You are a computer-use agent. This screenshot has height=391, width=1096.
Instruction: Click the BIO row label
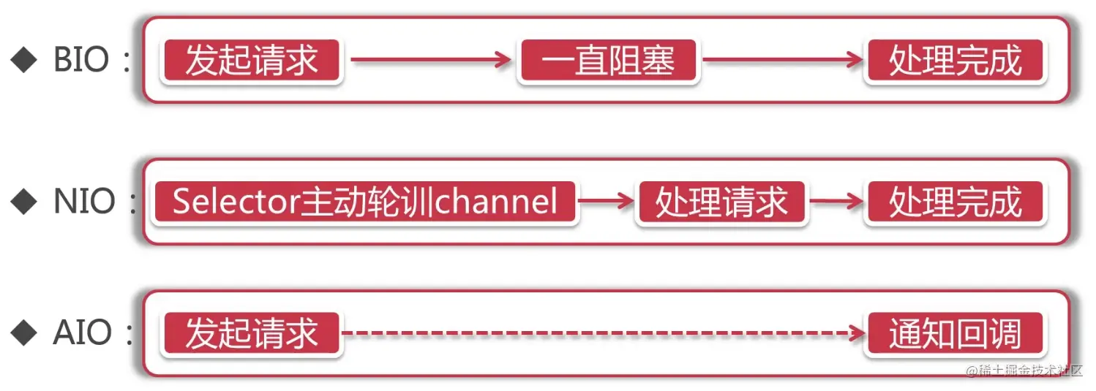(x=81, y=60)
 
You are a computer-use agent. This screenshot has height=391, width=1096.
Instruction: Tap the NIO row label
(x=84, y=201)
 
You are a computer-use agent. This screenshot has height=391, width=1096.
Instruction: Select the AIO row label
(x=82, y=333)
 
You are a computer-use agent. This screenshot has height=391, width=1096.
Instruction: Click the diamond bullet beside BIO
(x=23, y=60)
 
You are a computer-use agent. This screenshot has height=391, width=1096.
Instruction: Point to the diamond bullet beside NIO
(x=23, y=201)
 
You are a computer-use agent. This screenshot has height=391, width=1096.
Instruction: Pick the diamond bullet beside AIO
(x=23, y=333)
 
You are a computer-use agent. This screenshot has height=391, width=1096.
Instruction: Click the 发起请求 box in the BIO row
(x=252, y=60)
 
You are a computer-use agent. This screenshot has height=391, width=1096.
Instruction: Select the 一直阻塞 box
(x=608, y=60)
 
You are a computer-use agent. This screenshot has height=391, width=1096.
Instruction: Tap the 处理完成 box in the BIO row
(x=955, y=60)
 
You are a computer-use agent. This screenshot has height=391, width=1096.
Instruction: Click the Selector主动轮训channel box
(x=364, y=202)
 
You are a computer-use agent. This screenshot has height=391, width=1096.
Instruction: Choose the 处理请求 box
(x=721, y=202)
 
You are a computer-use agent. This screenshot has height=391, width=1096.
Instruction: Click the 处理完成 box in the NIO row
(x=955, y=202)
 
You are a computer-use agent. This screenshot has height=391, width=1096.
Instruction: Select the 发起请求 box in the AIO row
(x=252, y=333)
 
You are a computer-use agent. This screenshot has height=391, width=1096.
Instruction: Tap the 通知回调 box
(x=955, y=333)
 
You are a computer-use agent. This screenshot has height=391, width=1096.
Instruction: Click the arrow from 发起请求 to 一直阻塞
(x=431, y=60)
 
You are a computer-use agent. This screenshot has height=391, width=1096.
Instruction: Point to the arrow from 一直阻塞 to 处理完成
(x=783, y=60)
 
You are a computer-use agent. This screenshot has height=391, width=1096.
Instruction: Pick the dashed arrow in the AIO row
(x=604, y=333)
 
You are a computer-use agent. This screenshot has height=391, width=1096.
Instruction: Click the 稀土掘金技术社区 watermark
(x=1024, y=371)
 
